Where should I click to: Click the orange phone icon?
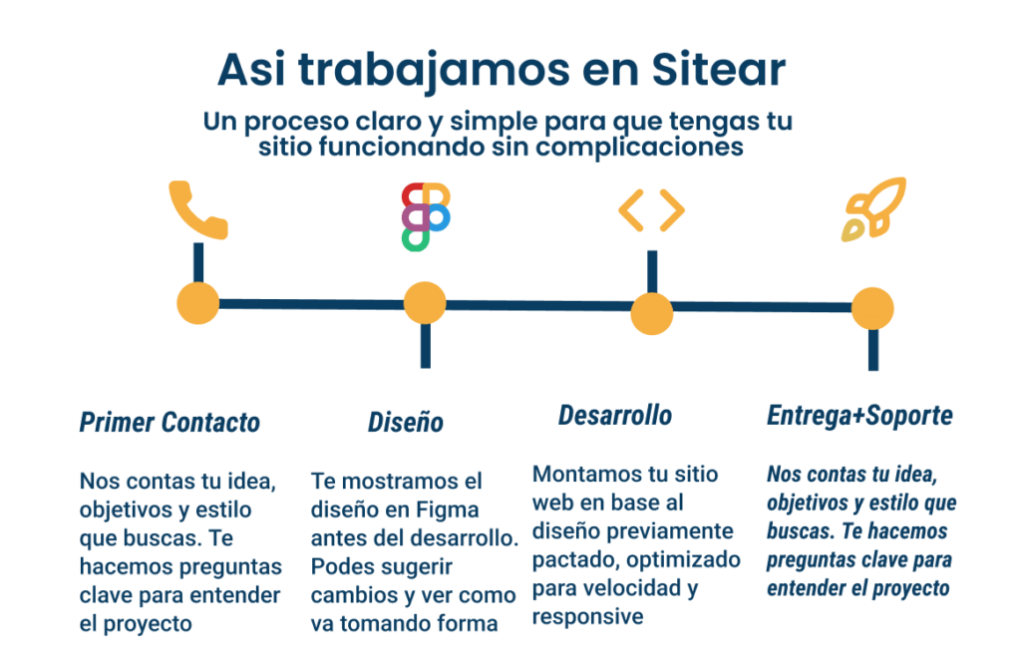point(195,211)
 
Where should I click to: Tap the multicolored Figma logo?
point(426,216)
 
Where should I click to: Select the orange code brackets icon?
point(652,210)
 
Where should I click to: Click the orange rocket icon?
point(873,208)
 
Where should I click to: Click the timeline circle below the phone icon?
point(198,303)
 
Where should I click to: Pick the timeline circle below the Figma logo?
point(425,303)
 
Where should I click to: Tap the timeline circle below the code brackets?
point(652,313)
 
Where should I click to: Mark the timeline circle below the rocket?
point(872,309)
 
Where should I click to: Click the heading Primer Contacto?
point(170,423)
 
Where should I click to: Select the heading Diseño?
point(406,423)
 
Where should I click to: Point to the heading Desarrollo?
point(614,416)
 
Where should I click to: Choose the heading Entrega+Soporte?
point(859,416)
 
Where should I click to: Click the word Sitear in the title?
point(718,69)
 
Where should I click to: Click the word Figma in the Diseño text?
point(448,509)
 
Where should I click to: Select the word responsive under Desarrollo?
point(587,617)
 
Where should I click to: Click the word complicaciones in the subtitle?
point(639,148)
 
